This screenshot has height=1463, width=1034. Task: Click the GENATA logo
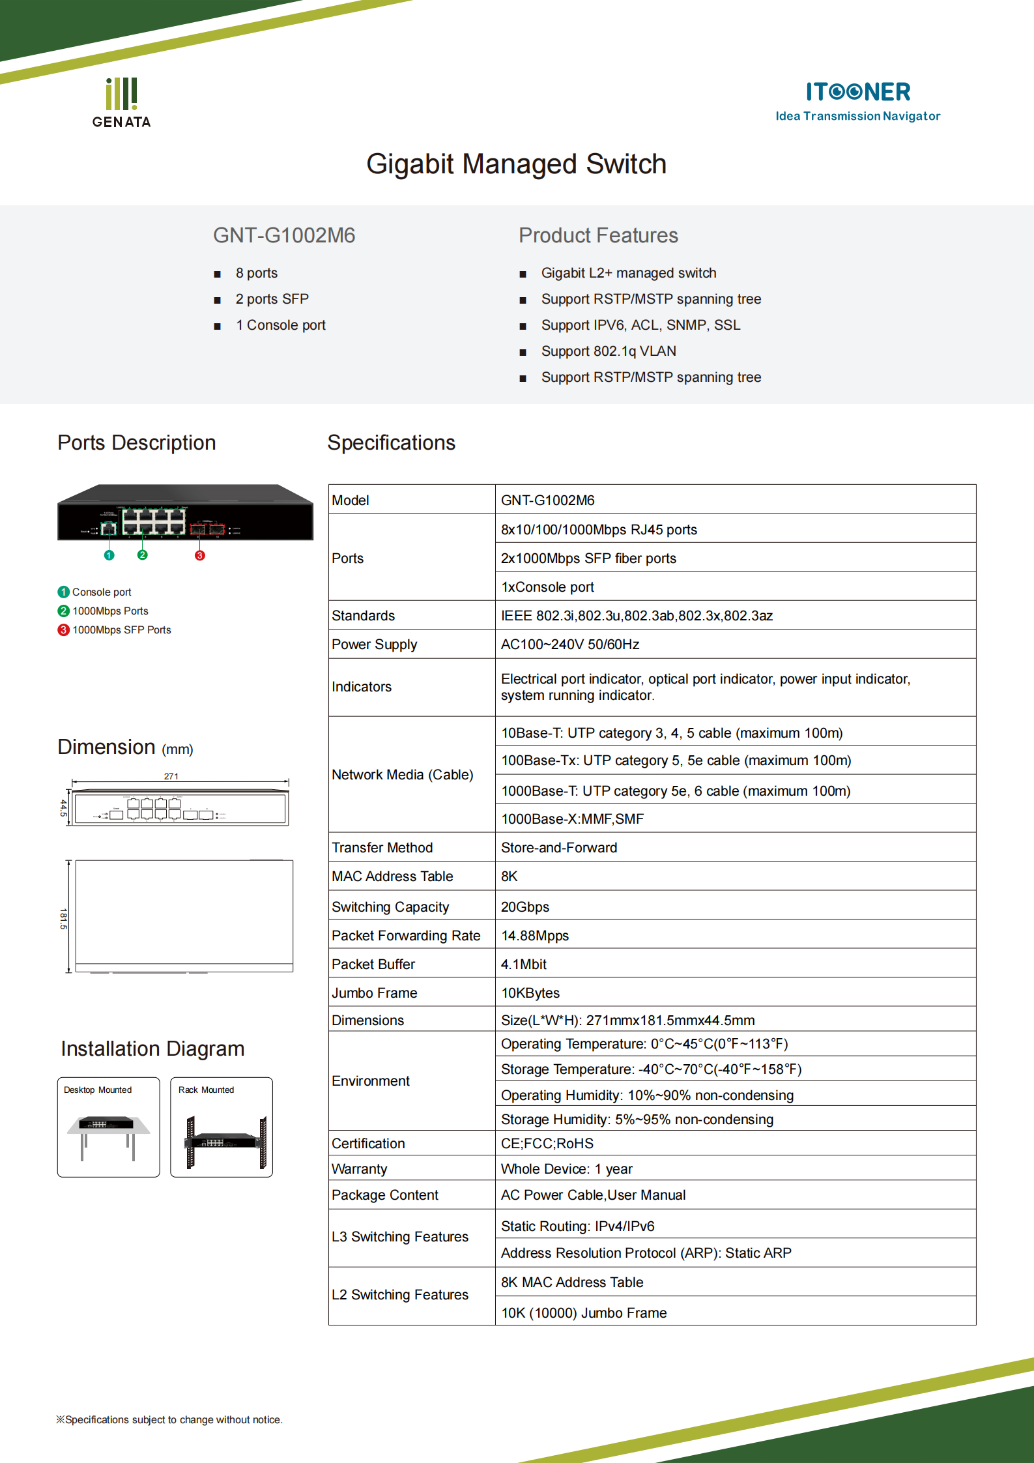121,103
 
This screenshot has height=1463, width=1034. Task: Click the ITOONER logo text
857,92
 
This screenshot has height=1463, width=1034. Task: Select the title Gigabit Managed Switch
516,164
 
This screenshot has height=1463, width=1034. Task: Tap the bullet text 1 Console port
280,325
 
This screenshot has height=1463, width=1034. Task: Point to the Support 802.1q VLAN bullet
608,351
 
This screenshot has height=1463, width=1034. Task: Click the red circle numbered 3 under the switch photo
200,555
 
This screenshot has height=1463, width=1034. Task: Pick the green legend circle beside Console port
63,592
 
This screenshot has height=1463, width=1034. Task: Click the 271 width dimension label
171,776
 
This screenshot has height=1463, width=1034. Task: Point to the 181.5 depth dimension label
63,918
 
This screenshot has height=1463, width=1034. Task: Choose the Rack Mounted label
206,1090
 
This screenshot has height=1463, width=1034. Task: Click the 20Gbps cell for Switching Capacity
524,907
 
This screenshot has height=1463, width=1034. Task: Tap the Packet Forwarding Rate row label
405,936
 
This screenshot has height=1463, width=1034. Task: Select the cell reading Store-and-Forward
558,848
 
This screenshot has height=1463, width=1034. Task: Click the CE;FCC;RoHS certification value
547,1144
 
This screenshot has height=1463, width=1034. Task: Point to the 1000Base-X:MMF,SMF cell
571,819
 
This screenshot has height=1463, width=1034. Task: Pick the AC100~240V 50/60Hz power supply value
569,645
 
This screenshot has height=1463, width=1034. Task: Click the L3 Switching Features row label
399,1237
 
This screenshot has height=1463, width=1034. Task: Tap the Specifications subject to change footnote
169,1419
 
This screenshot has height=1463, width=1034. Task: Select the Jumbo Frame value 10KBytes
530,993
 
